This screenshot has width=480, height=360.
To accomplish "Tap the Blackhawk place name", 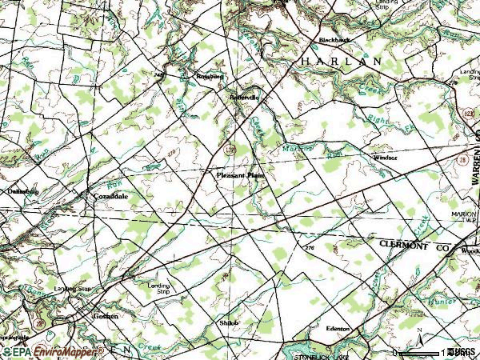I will pyautogui.click(x=334, y=39).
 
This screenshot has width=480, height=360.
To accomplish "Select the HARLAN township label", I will pyautogui.click(x=342, y=61).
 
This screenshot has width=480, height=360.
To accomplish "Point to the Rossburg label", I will pyautogui.click(x=210, y=77).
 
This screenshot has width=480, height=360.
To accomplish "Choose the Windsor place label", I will pyautogui.click(x=385, y=158).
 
